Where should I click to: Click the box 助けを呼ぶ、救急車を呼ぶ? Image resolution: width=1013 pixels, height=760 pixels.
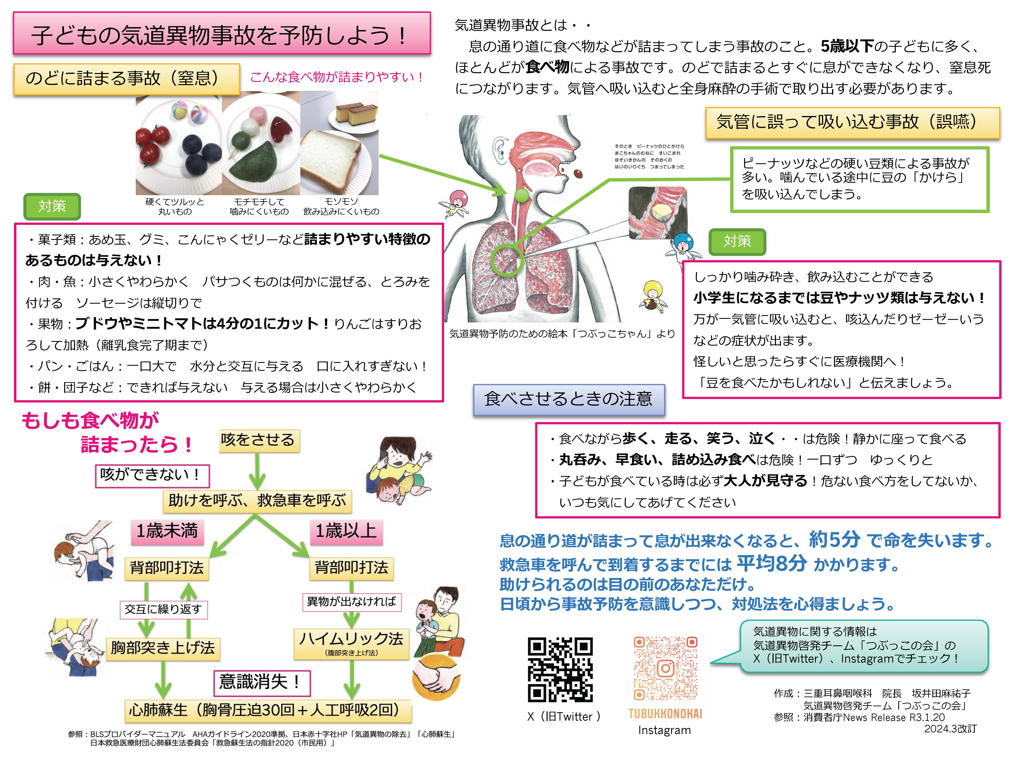pyautogui.click(x=257, y=501)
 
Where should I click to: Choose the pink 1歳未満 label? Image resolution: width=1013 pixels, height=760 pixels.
pyautogui.click(x=167, y=531)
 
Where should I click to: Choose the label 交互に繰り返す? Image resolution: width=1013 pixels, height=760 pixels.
pyautogui.click(x=164, y=609)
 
